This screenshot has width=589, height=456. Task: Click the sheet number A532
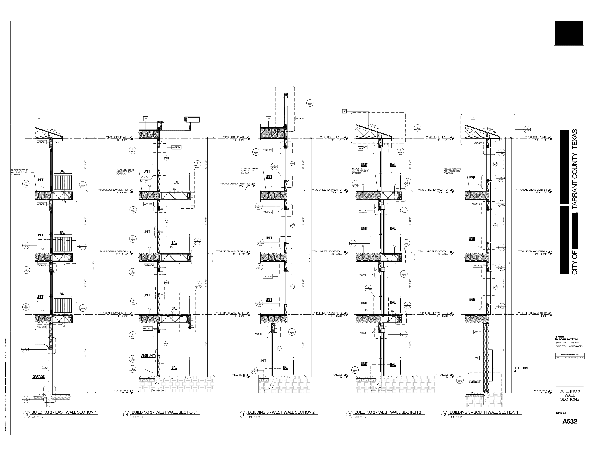(570, 421)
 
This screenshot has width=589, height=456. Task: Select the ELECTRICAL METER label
(521, 369)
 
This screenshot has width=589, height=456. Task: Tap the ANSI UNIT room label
(148, 355)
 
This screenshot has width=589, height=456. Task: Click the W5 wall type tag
(477, 358)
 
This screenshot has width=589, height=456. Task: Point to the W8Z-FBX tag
(478, 332)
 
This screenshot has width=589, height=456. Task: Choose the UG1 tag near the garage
(44, 367)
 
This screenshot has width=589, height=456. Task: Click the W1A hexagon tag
(280, 348)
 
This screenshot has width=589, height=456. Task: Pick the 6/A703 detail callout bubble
(133, 369)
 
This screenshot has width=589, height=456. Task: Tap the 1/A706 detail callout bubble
(292, 332)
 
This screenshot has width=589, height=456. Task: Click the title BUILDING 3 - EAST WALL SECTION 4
(64, 412)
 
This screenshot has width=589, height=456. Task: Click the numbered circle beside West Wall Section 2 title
(243, 415)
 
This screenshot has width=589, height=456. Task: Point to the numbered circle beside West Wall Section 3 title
(350, 415)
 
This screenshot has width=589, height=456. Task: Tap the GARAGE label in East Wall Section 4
(38, 377)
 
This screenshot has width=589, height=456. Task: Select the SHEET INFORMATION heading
(566, 338)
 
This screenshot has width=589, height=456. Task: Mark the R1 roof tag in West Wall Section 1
(146, 119)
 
